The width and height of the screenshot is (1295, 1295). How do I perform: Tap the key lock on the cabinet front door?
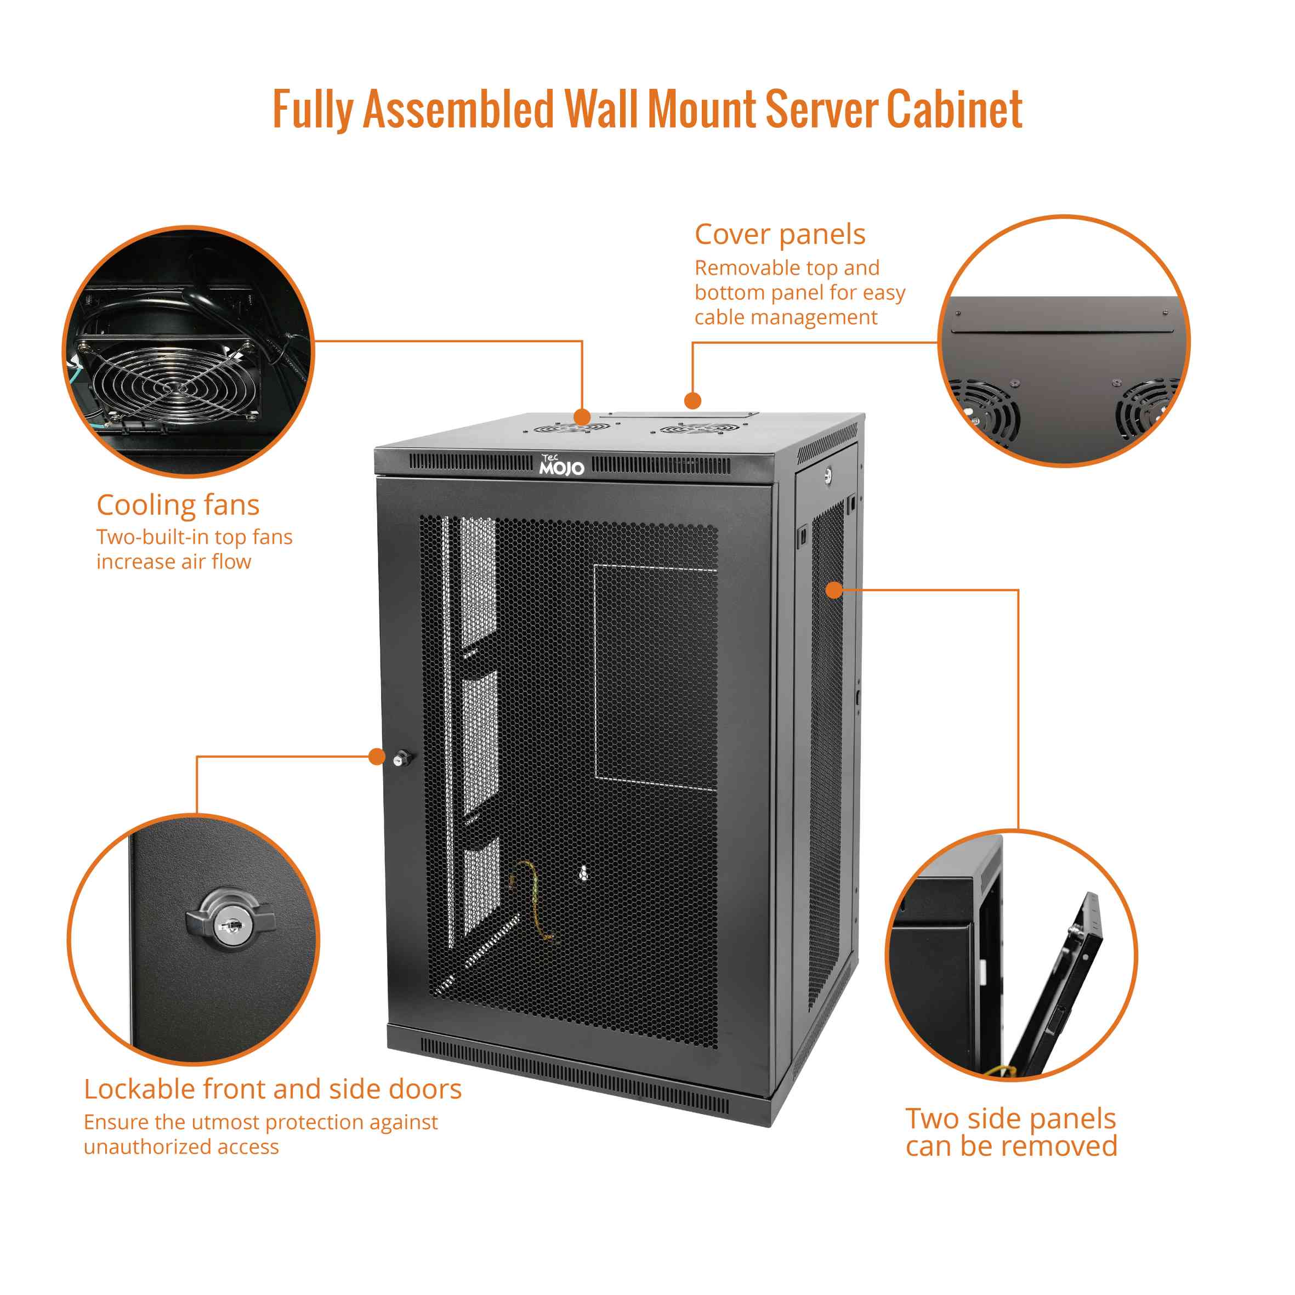tap(401, 758)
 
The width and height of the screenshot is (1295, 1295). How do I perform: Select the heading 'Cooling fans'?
tap(178, 505)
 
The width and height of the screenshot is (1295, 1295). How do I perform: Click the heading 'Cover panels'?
tap(780, 235)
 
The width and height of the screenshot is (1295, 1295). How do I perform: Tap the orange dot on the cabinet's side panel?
tap(834, 590)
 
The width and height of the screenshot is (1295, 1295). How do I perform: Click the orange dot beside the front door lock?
tap(377, 757)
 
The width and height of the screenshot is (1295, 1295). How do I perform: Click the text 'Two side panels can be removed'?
tap(1011, 1133)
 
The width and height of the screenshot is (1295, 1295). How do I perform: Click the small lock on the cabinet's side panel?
tap(828, 476)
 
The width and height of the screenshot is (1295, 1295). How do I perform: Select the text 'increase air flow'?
tap(174, 562)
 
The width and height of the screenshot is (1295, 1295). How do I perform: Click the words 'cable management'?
tap(786, 317)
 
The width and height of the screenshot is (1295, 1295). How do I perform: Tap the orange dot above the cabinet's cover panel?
tap(692, 401)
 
